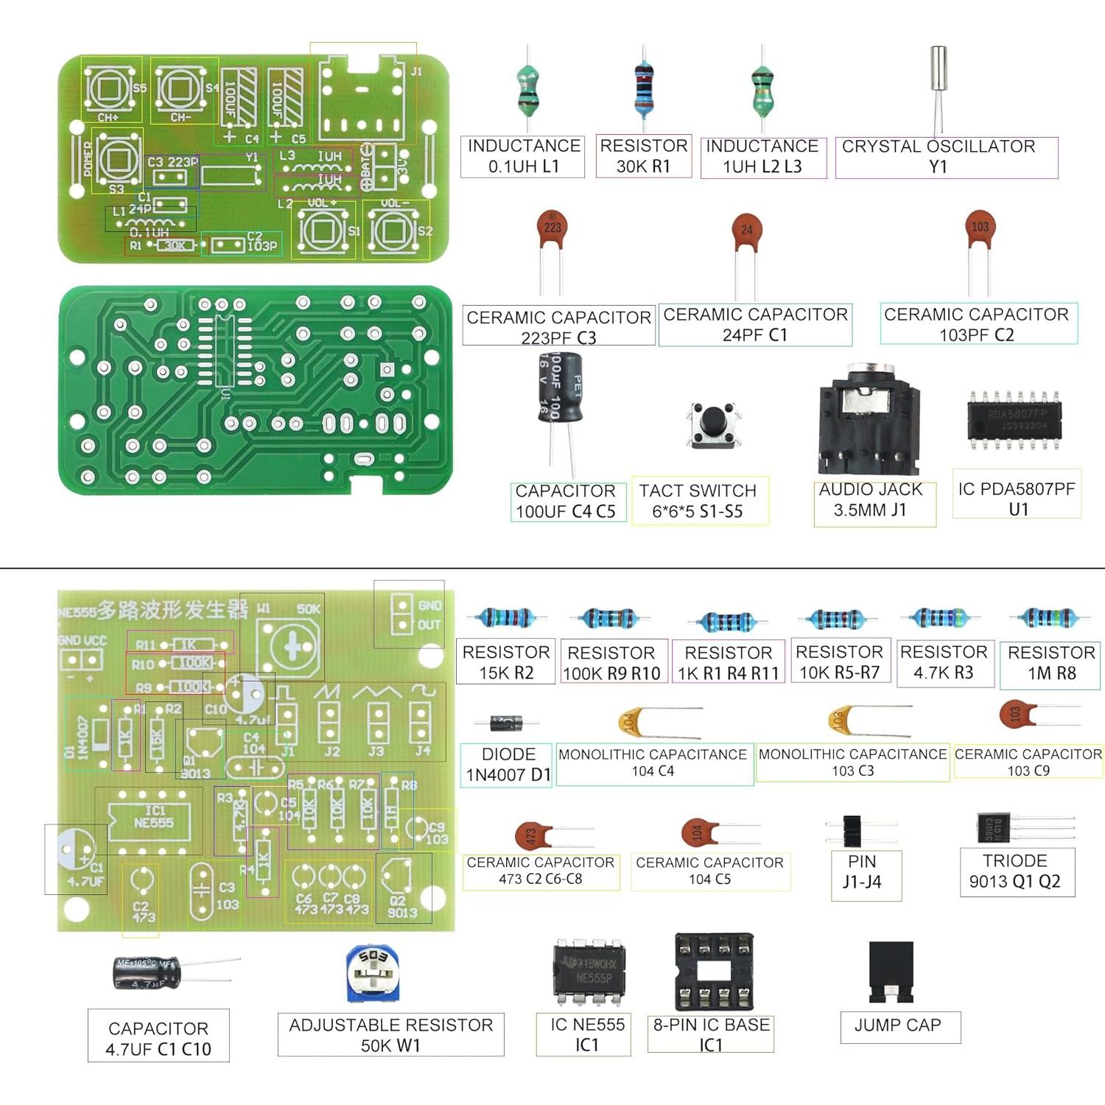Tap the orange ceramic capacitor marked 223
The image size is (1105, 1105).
[552, 228]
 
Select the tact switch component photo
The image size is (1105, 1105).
[712, 424]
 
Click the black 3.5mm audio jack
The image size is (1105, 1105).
[869, 420]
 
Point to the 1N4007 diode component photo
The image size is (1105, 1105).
[507, 723]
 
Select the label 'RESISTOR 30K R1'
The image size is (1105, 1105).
[643, 156]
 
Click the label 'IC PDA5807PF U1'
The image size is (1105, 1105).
[1017, 499]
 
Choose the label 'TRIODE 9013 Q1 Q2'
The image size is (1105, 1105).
[1016, 871]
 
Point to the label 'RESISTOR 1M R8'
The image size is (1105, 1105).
[1051, 662]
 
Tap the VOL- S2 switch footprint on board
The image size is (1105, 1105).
[396, 230]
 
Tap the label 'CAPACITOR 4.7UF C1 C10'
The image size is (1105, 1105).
[158, 1039]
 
